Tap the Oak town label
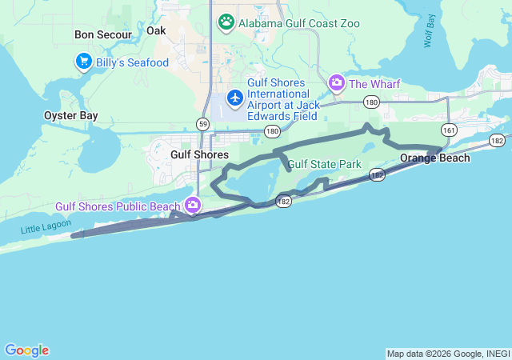point(156,30)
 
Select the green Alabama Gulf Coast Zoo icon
point(226,22)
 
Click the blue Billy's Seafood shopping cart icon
point(82,61)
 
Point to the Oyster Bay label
point(70,116)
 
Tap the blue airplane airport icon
point(235,98)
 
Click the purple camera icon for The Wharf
point(337,82)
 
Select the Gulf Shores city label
point(200,154)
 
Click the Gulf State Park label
point(325,165)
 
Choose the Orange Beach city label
point(434,158)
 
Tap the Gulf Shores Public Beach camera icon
point(193,206)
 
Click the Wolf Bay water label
point(430,30)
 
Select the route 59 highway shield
point(203,124)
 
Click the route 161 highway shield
point(450,129)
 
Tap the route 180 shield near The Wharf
point(371,102)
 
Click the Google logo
point(26,350)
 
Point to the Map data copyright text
point(448,354)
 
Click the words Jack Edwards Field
point(273,116)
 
